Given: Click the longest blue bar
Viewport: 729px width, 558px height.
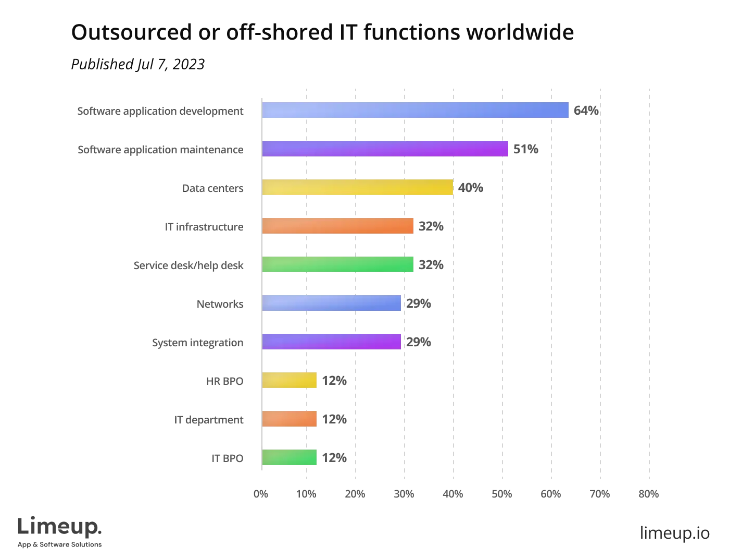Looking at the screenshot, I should (x=416, y=111).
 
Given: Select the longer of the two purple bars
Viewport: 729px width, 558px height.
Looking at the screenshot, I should (x=385, y=149).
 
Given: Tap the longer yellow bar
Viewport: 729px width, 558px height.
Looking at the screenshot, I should (x=357, y=188).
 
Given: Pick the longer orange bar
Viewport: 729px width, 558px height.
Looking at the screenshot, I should (x=338, y=226).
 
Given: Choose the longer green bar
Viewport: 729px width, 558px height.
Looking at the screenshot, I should (x=338, y=265).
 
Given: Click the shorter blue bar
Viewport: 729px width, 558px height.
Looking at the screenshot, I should (x=332, y=304).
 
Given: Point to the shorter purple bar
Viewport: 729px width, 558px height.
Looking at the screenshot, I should (x=332, y=342).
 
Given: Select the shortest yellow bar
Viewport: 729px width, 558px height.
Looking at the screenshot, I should (x=289, y=380).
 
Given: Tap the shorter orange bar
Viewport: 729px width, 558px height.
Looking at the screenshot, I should (x=289, y=419).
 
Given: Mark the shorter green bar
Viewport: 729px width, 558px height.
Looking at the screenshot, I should (x=289, y=457).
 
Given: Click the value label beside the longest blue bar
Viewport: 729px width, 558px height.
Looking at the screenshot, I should (x=586, y=111).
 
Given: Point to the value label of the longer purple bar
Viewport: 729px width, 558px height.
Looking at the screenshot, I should (x=526, y=149).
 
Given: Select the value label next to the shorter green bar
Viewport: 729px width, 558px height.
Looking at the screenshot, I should (x=335, y=457).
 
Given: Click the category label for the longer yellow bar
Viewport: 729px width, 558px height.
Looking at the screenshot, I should (x=212, y=188).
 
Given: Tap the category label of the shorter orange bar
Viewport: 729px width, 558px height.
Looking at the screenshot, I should (x=210, y=419).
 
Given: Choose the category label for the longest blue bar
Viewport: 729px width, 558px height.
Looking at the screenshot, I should (x=160, y=111).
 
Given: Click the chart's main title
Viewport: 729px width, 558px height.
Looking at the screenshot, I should (x=322, y=32).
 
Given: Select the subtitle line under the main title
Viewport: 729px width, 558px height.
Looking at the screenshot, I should (x=138, y=64).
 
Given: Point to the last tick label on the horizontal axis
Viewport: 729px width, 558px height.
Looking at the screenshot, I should (x=649, y=494).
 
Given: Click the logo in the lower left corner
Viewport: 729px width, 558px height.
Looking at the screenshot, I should (x=60, y=533).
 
